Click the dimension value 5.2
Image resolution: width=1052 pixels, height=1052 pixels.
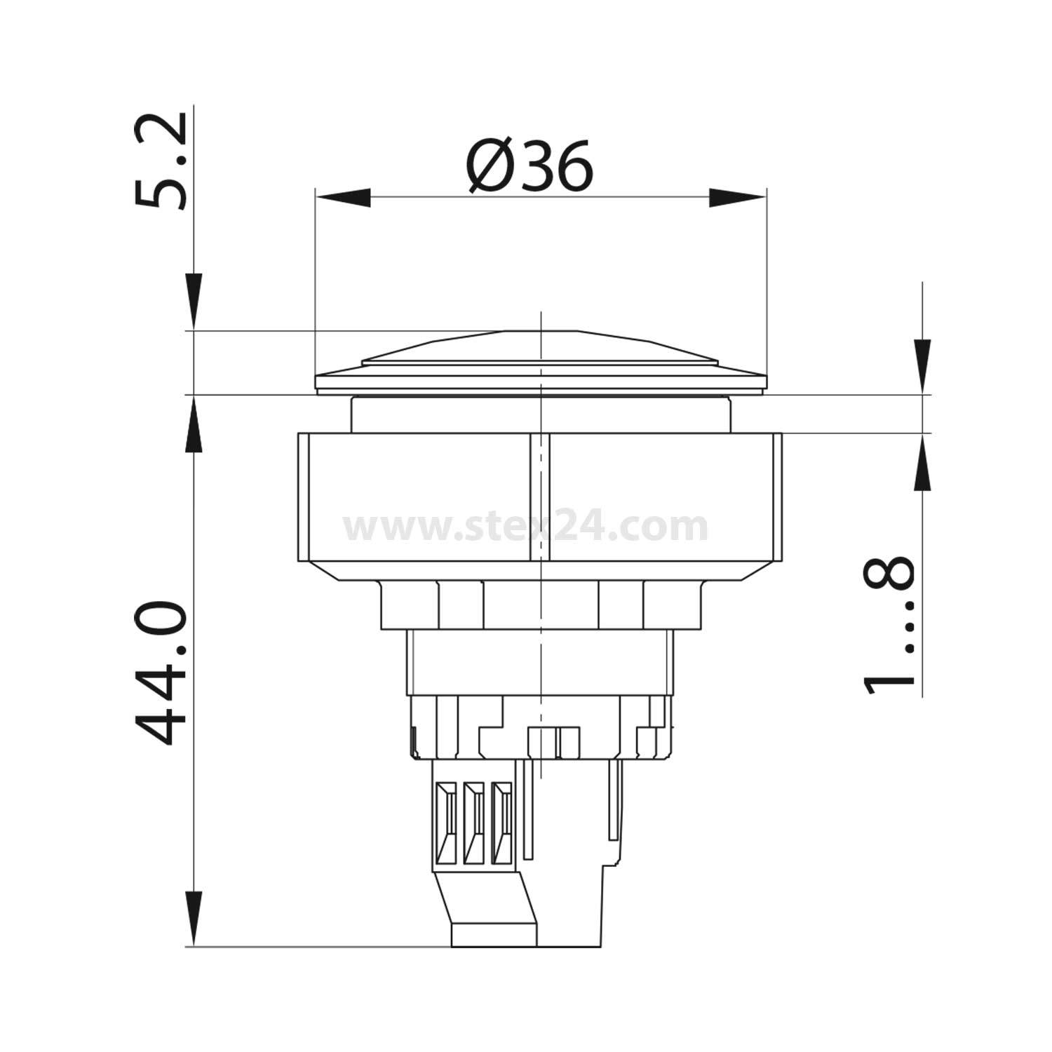pos(161,161)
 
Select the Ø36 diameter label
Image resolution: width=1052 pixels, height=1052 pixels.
pos(530,167)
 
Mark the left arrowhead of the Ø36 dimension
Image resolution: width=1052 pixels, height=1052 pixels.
pos(343,198)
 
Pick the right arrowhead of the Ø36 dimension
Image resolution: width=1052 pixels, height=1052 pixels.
pos(737,198)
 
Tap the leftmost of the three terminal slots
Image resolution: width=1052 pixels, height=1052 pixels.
pos(445,823)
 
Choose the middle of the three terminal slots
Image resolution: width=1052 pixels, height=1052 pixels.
pos(473,823)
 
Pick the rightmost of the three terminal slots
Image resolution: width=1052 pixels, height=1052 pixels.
pos(500,823)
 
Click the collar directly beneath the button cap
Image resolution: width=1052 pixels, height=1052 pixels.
pos(540,414)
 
